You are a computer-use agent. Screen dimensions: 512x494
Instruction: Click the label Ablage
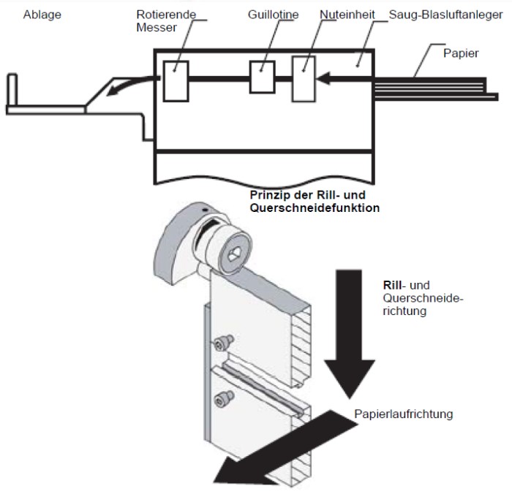pos(42,15)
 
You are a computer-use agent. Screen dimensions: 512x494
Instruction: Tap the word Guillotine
pos(273,15)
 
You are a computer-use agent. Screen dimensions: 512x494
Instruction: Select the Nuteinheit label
pos(347,15)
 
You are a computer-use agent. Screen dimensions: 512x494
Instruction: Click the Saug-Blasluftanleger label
pos(445,15)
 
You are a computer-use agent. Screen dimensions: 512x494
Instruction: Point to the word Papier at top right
pos(461,53)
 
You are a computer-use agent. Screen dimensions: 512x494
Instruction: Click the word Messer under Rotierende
pos(157,28)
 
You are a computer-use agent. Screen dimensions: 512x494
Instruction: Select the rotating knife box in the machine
pos(176,81)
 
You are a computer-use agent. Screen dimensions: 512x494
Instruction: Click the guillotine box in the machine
pos(262,77)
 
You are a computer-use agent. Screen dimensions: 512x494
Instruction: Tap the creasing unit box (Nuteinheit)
pos(304,79)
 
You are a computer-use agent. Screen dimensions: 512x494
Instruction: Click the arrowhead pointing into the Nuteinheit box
pos(323,79)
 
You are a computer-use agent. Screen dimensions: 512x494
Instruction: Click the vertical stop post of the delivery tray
pos(12,90)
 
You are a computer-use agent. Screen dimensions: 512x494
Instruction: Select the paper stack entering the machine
pos(434,88)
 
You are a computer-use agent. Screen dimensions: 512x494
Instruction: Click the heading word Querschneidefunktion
pos(315,208)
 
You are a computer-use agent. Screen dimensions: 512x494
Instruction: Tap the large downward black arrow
pos(350,332)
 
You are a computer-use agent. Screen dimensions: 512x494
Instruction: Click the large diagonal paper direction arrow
pos(286,447)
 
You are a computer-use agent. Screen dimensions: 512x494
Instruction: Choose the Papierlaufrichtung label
pos(404,414)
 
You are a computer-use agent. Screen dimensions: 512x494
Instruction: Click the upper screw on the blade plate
pos(223,342)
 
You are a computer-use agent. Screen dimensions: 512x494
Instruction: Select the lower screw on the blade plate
pos(224,399)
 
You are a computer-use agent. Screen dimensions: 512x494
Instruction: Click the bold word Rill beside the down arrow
pos(392,285)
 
